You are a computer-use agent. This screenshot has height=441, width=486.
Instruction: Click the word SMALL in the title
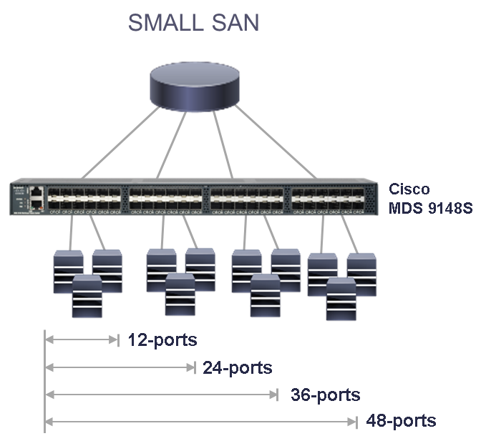point(162,22)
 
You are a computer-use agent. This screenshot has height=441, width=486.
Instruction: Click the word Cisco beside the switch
point(409,189)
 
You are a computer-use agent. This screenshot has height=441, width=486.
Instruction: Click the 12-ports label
point(162,340)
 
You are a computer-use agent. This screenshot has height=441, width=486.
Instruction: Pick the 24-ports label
point(237,368)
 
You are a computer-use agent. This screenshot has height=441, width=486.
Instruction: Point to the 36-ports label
point(325,395)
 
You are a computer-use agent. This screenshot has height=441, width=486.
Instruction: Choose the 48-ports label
point(400,420)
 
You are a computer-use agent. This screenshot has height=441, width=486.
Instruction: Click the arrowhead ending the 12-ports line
point(117,340)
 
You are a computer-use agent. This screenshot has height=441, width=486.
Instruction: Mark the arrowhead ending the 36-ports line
point(276,394)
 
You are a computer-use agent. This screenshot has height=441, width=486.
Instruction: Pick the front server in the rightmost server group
point(341,299)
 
